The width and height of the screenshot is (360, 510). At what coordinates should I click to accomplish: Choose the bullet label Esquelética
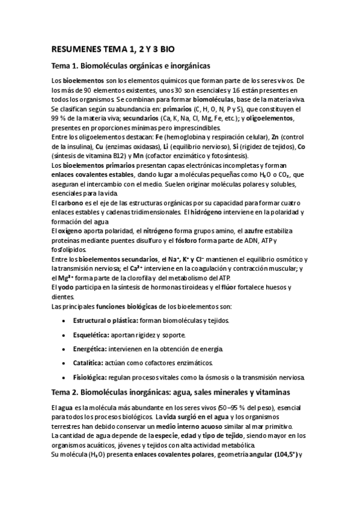point(90,334)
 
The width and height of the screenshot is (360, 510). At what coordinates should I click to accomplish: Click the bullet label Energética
point(89,349)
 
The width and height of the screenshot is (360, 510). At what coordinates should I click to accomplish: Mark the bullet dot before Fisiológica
point(64,378)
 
